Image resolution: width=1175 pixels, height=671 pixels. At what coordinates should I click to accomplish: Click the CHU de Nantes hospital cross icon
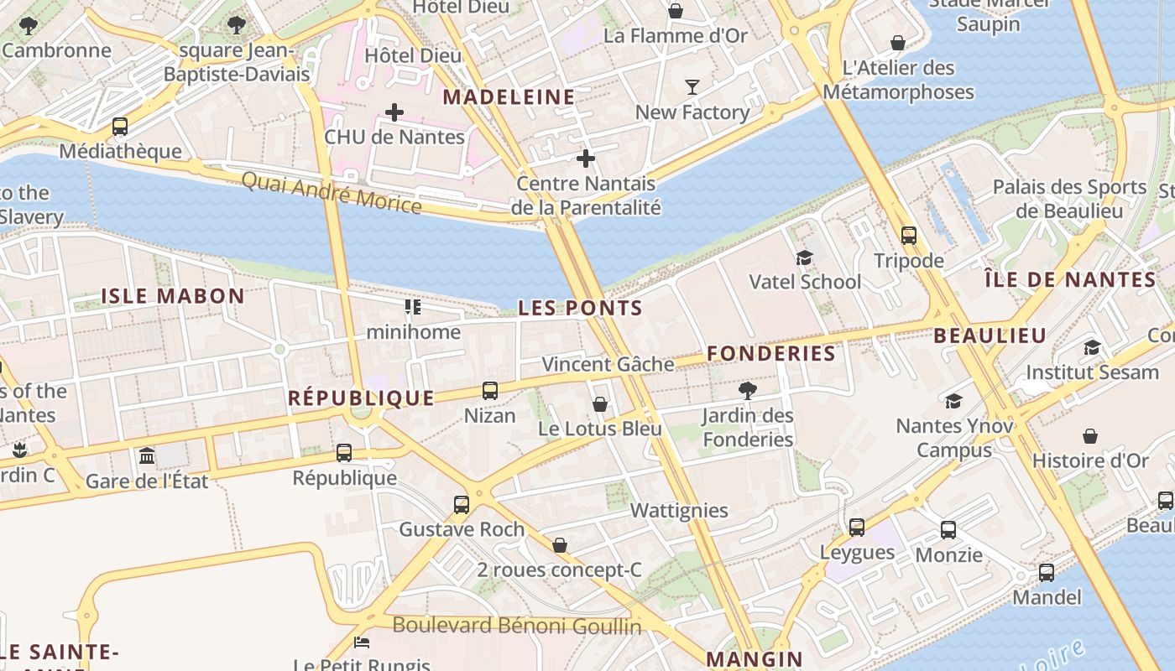pyautogui.click(x=394, y=112)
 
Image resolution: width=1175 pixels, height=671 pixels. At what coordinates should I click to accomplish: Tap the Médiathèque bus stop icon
pyautogui.click(x=120, y=127)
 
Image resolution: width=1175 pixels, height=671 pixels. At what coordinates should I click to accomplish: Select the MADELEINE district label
pyautogui.click(x=509, y=97)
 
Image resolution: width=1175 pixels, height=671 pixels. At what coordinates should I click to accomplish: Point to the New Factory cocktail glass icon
pyautogui.click(x=692, y=87)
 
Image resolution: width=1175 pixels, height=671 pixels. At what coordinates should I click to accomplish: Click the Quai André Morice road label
pyautogui.click(x=332, y=192)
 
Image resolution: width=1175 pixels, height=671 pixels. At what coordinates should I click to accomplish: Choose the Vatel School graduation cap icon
pyautogui.click(x=804, y=257)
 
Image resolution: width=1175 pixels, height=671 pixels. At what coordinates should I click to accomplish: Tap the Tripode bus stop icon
pyautogui.click(x=908, y=236)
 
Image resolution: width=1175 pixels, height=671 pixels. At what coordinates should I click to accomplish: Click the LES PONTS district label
pyautogui.click(x=580, y=308)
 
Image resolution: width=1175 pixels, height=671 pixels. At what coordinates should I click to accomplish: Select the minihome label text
pyautogui.click(x=414, y=332)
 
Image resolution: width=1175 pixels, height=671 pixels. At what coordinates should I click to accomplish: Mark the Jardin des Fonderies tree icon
pyautogui.click(x=747, y=390)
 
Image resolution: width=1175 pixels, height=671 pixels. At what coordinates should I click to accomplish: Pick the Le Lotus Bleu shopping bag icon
pyautogui.click(x=600, y=404)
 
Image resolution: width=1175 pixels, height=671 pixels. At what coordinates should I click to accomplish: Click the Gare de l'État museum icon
pyautogui.click(x=147, y=455)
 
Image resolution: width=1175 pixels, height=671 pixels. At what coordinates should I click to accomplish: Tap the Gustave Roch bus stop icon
pyautogui.click(x=461, y=504)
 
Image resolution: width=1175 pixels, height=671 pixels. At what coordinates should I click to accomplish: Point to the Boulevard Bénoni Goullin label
pyautogui.click(x=517, y=626)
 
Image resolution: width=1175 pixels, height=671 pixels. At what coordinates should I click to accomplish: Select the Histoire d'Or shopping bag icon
pyautogui.click(x=1089, y=436)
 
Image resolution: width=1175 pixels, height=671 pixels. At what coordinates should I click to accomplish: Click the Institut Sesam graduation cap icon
pyautogui.click(x=1092, y=347)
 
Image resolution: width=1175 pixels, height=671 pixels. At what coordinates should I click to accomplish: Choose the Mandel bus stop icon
pyautogui.click(x=1047, y=573)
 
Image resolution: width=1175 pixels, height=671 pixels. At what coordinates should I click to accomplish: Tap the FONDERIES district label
pyautogui.click(x=771, y=354)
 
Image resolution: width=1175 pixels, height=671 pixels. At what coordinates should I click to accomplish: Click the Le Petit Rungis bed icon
pyautogui.click(x=362, y=643)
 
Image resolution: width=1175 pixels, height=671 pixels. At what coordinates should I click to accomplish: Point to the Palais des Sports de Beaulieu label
pyautogui.click(x=1069, y=199)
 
